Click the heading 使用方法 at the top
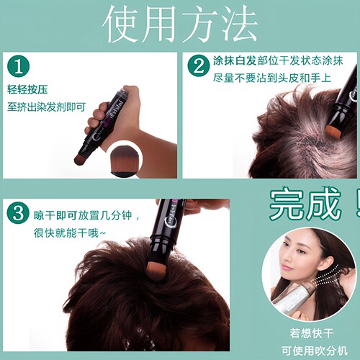click(x=181, y=24)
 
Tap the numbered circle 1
click(x=19, y=67)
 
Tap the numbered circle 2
click(x=199, y=66)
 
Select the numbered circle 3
click(x=18, y=213)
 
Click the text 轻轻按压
click(x=27, y=89)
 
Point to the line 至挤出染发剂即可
click(x=46, y=107)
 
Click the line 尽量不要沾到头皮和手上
click(x=272, y=78)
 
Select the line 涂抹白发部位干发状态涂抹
click(x=278, y=60)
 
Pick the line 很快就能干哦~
click(x=70, y=233)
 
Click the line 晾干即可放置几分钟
click(x=83, y=215)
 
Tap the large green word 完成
click(x=305, y=203)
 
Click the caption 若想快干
click(x=312, y=333)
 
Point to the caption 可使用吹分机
click(x=315, y=351)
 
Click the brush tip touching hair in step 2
click(x=333, y=130)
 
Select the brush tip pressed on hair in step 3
click(x=157, y=270)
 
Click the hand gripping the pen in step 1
click(x=115, y=113)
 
